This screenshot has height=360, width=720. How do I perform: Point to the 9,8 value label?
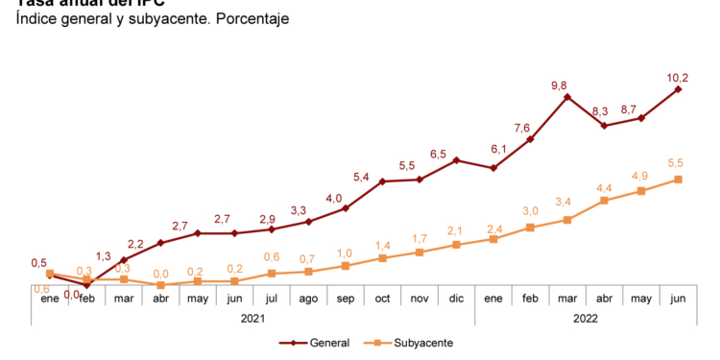point(560,84)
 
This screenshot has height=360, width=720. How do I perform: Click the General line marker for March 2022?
point(567,96)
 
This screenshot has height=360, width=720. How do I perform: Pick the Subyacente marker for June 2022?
point(678,180)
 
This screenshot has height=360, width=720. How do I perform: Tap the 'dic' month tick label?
point(456,299)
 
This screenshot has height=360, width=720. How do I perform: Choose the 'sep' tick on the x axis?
point(346,299)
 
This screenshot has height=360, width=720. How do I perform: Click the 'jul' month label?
point(272,299)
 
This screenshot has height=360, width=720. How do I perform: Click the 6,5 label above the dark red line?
point(438,154)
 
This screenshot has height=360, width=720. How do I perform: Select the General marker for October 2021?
point(382,181)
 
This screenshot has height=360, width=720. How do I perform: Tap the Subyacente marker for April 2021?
point(161,285)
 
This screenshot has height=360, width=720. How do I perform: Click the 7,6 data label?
point(522,128)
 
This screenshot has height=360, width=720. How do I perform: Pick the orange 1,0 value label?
point(346,252)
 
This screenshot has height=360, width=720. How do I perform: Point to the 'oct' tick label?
point(382,299)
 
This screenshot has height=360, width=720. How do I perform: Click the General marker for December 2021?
point(456,160)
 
